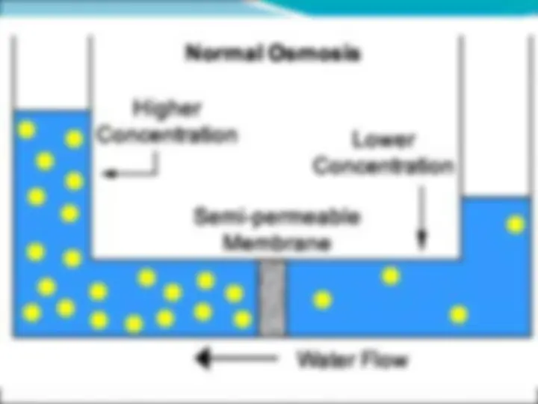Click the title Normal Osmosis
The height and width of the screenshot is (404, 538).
[x=273, y=54]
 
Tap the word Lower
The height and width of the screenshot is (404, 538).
[x=383, y=140]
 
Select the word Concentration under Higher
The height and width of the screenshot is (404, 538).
[x=167, y=135]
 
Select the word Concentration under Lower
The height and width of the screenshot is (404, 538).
[x=383, y=166]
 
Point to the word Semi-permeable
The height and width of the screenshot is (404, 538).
[x=276, y=217]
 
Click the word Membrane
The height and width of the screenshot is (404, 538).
[x=276, y=242]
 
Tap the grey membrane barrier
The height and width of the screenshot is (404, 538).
[x=272, y=298]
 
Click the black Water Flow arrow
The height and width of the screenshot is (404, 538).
[x=236, y=358]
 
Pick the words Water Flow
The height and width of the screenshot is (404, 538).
[x=353, y=360]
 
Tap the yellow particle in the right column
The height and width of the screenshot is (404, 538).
[x=516, y=224]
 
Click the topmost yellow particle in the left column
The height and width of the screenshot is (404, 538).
[x=26, y=130]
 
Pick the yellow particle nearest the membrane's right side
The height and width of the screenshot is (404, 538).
[x=323, y=299]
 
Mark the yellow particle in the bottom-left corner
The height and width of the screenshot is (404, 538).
[x=32, y=313]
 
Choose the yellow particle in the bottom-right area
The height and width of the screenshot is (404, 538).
[x=459, y=314]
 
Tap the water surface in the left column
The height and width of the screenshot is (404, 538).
[x=52, y=111]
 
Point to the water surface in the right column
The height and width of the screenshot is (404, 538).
[x=496, y=198]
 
